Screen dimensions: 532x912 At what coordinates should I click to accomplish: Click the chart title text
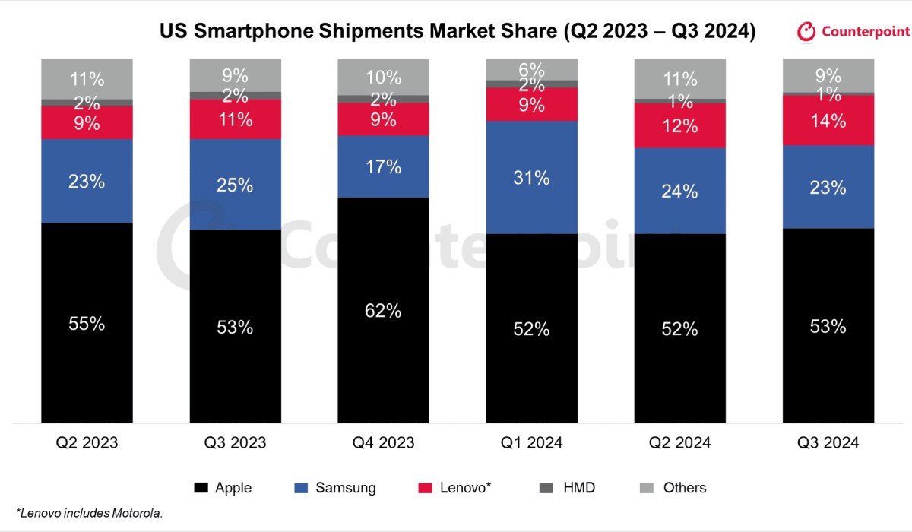point(457,32)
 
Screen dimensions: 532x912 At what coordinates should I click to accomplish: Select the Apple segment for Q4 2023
point(383,310)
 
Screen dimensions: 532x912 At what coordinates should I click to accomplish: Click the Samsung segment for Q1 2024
point(531,177)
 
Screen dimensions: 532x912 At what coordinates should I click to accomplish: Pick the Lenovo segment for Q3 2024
point(828,120)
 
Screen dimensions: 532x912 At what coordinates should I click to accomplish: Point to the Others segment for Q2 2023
point(87,78)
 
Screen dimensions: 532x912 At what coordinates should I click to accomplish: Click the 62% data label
point(383,311)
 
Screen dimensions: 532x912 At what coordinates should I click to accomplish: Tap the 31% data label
point(531,178)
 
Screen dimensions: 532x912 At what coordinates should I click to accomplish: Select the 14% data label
point(828,120)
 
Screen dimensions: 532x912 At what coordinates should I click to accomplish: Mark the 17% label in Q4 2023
point(383,166)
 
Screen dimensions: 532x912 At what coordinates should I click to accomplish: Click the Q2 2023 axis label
point(87,442)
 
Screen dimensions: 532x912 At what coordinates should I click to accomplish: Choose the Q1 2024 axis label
point(531,442)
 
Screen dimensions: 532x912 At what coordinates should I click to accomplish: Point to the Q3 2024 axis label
point(828,442)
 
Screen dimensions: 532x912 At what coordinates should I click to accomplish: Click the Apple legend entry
point(223,488)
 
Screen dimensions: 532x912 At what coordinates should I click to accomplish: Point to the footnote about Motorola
point(90,513)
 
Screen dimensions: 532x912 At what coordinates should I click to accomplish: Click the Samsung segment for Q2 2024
point(679,191)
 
